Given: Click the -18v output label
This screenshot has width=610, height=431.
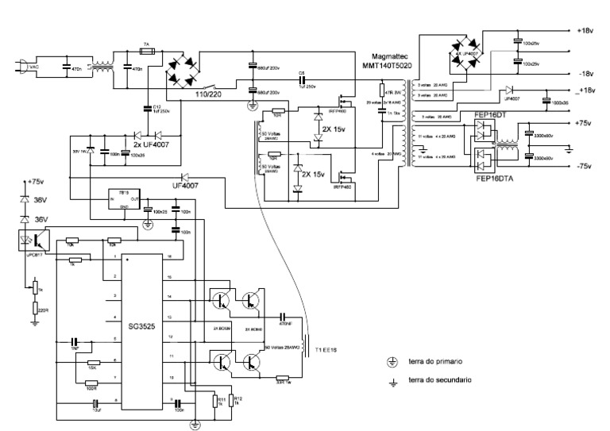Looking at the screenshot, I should [x=585, y=72].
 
